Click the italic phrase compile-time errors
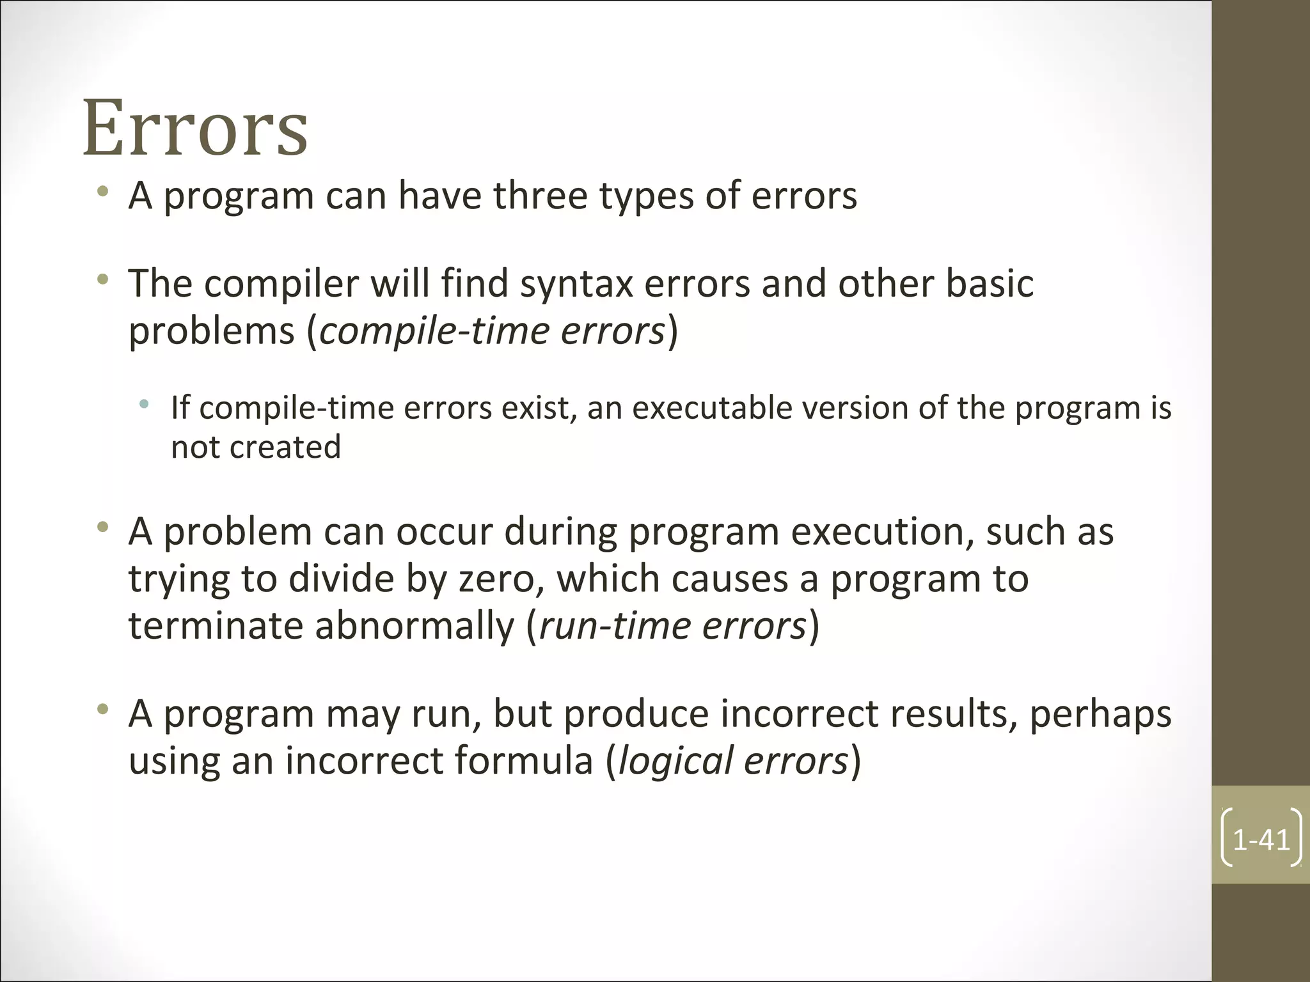[x=492, y=331]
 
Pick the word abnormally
[x=414, y=626]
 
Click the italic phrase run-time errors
[x=672, y=626]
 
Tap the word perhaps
[x=1100, y=714]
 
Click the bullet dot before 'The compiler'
[x=102, y=279]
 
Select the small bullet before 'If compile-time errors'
[x=145, y=403]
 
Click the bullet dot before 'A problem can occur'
[x=102, y=527]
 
